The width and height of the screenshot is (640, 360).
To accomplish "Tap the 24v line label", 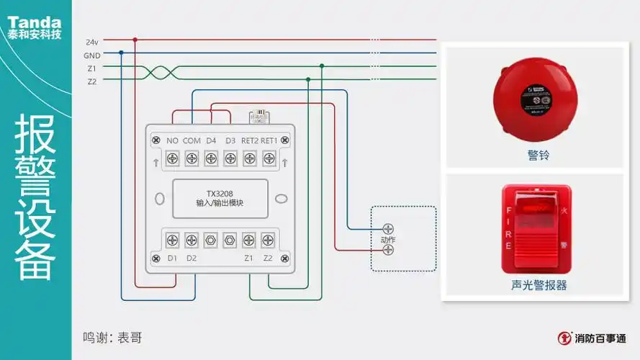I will point(91,42).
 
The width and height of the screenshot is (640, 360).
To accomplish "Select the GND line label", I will point(91,55).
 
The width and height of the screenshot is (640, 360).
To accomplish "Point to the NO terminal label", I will point(173,140).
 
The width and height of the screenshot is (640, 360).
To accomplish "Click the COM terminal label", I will point(191,140).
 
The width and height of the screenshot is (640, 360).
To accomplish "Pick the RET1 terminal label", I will point(269,140).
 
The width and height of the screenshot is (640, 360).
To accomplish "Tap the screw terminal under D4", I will point(211,157).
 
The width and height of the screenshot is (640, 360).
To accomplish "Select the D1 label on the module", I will point(173,258).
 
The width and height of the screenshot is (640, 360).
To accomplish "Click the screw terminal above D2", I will point(191,240).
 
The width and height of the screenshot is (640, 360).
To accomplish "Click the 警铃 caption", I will point(533,155).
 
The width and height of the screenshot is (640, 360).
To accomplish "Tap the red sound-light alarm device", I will point(532,229).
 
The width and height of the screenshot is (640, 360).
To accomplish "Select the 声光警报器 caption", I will point(533,285).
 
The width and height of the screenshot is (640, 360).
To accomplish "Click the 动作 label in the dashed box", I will point(388,239).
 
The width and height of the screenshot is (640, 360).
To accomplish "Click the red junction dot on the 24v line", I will point(135,40).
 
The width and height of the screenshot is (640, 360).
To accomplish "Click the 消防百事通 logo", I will point(592,337).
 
